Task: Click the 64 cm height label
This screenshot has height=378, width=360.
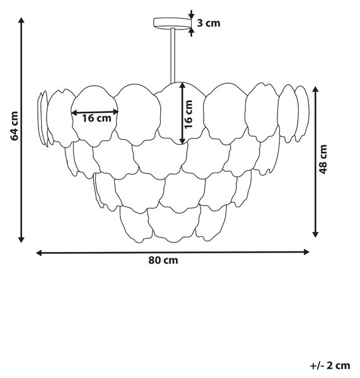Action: (15, 126)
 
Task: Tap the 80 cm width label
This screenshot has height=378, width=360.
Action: (163, 260)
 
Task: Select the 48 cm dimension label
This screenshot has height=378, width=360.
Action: (323, 159)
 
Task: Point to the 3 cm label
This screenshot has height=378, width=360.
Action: (209, 23)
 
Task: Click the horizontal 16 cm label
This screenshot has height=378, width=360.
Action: (96, 118)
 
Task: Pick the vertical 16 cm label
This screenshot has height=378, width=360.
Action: (189, 114)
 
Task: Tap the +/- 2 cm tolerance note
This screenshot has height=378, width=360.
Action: (330, 365)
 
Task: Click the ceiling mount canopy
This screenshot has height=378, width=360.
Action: (172, 24)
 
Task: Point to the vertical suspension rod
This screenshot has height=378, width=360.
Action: (173, 56)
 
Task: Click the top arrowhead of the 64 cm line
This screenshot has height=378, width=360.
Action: (21, 20)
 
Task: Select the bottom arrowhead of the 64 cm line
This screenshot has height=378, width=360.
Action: (21, 239)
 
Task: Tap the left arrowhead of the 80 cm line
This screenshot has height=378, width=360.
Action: (39, 253)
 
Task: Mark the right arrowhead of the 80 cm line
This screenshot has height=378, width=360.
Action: (306, 252)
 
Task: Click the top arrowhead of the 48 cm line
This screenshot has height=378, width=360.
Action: (315, 89)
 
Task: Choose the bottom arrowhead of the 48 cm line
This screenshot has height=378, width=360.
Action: (315, 234)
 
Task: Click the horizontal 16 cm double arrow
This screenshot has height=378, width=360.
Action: (95, 112)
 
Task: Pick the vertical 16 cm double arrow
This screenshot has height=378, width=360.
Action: (183, 113)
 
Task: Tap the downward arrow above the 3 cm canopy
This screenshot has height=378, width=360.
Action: (191, 14)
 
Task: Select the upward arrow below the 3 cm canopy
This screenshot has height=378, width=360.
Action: (191, 32)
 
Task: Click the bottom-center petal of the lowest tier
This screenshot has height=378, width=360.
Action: (174, 225)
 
